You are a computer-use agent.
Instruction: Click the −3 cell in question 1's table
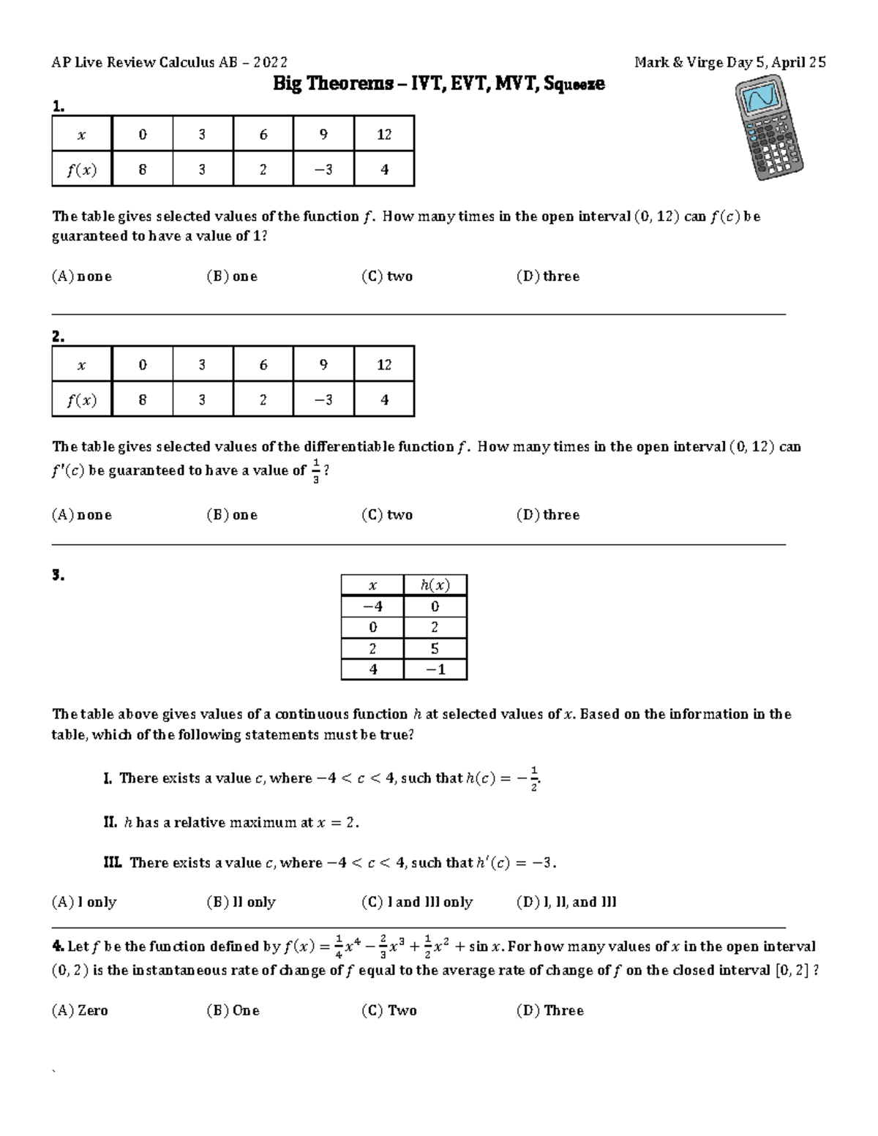tap(323, 170)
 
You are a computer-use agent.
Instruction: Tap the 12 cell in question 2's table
tap(384, 364)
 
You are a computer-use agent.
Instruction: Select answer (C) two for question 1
tap(386, 277)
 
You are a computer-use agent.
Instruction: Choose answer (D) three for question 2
tap(547, 515)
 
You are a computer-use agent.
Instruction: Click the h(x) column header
tap(435, 585)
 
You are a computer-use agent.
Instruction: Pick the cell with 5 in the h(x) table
tap(435, 648)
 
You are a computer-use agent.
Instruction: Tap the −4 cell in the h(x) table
tap(372, 606)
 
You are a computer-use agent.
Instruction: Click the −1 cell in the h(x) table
tap(435, 669)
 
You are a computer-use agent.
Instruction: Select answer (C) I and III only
tap(417, 902)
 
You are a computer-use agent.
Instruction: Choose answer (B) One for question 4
tap(233, 1010)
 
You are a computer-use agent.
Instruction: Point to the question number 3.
tap(59, 575)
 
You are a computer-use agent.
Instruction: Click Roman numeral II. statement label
tap(110, 822)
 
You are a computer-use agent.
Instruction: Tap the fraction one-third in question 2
tap(315, 472)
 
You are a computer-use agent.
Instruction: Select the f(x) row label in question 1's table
tap(81, 170)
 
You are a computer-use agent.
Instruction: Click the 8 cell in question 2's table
tap(142, 400)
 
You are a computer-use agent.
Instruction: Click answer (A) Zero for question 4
tap(79, 1010)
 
